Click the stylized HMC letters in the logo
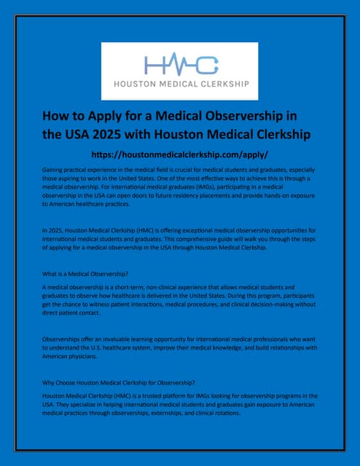coord(180,64)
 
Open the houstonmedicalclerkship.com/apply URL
coord(180,154)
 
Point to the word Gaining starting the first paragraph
coord(55,169)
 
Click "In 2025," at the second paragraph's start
coord(53,230)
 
